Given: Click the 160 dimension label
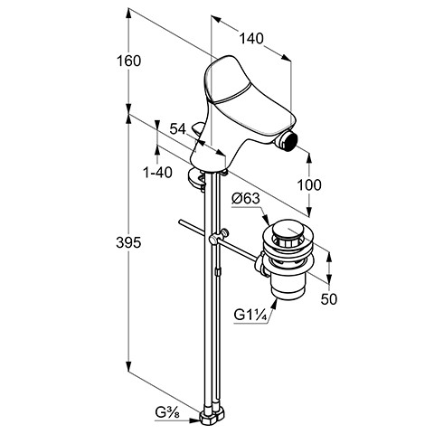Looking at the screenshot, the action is [128, 61].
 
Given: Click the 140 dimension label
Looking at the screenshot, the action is [251, 39].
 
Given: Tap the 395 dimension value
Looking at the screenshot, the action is [128, 242].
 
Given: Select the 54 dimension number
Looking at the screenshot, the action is [178, 129].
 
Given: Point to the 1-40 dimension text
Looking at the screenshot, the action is [158, 173].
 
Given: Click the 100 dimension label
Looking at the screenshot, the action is [309, 184].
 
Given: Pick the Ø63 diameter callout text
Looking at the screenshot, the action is [246, 199].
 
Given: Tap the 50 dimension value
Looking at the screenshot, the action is [329, 299].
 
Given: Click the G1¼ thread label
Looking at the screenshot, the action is [250, 316].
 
